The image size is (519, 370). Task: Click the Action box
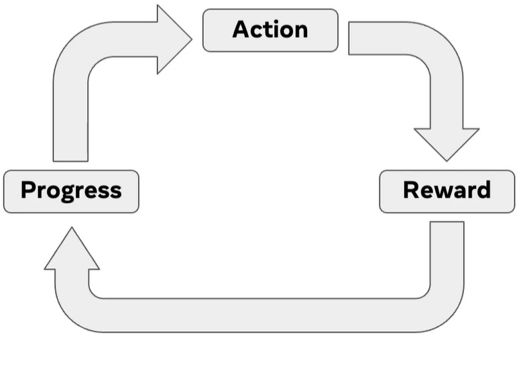[x=270, y=30]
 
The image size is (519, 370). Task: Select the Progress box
[x=71, y=191]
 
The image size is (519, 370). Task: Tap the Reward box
[x=447, y=191]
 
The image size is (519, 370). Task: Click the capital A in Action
[x=241, y=29]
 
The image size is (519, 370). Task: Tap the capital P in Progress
[x=27, y=190]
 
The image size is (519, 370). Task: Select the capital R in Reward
[x=411, y=190]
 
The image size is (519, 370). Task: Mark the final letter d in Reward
[x=483, y=190]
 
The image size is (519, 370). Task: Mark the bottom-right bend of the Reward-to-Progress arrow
[x=439, y=308]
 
